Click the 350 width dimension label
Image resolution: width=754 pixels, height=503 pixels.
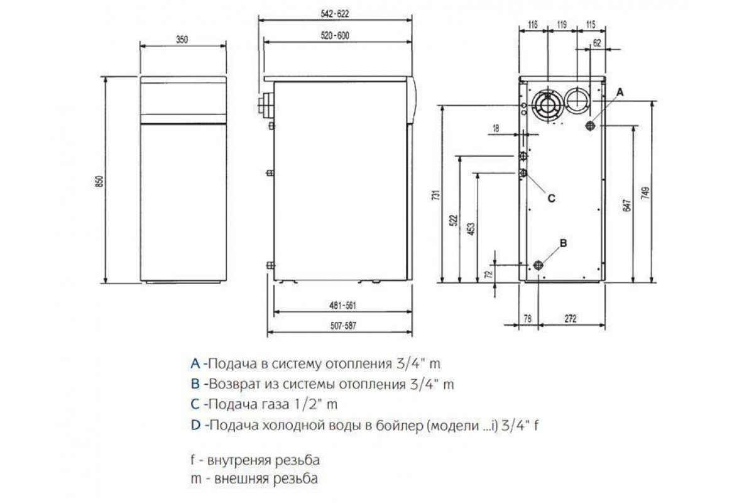pyautogui.click(x=182, y=40)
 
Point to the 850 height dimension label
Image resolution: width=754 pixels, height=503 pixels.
pyautogui.click(x=100, y=181)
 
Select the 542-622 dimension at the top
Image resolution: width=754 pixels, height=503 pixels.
pyautogui.click(x=334, y=14)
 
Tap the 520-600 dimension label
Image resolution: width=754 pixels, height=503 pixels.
pyautogui.click(x=335, y=35)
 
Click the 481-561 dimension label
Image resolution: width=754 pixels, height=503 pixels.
pyautogui.click(x=342, y=306)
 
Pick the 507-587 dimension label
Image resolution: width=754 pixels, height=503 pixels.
pyautogui.click(x=342, y=326)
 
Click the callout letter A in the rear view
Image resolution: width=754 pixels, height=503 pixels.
pyautogui.click(x=620, y=92)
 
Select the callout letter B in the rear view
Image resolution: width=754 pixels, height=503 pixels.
pyautogui.click(x=563, y=243)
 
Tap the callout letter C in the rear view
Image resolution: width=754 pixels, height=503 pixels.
pyautogui.click(x=552, y=199)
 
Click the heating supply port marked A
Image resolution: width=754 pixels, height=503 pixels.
pyautogui.click(x=590, y=126)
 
